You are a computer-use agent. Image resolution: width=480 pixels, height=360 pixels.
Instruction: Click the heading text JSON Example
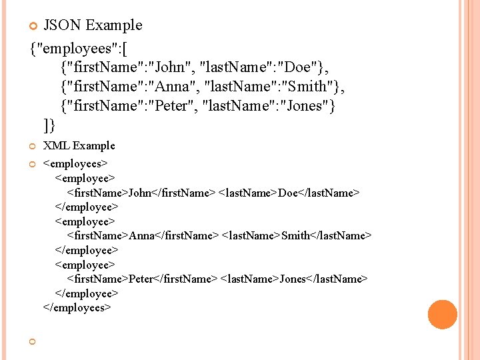(93, 25)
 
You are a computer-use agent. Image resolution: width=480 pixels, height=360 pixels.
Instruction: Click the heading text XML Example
(79, 145)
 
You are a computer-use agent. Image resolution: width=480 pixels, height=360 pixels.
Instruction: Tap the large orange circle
(443, 315)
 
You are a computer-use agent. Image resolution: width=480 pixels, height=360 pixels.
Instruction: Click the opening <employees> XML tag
(75, 163)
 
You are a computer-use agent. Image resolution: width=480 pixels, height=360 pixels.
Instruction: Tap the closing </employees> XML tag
(77, 307)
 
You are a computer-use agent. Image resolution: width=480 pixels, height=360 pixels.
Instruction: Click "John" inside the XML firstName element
(140, 193)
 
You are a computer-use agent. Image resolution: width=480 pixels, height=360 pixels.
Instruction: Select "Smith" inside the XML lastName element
(296, 235)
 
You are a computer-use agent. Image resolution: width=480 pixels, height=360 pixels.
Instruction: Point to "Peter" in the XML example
(141, 279)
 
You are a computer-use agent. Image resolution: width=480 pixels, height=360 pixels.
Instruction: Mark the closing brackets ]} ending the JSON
(49, 125)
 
